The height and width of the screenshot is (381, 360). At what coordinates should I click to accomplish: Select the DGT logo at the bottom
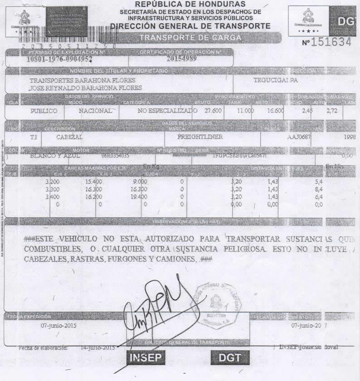tap(229, 357)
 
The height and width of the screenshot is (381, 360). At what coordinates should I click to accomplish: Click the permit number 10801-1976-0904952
tap(59, 59)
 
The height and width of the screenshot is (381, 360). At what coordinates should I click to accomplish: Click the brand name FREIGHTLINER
tap(200, 137)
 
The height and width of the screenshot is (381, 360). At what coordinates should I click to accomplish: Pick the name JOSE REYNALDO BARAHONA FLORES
tap(85, 88)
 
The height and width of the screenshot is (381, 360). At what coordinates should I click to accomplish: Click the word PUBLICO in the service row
tap(44, 111)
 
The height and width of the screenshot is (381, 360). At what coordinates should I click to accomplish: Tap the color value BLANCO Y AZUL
tap(54, 156)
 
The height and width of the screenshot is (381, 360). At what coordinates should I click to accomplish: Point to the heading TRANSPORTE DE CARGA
tap(190, 38)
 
